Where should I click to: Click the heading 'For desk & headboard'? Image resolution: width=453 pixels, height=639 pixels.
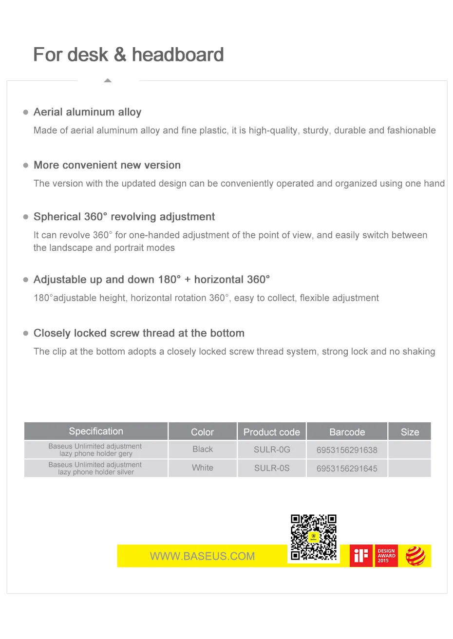(129, 55)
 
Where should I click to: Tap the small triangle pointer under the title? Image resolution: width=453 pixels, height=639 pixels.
(108, 80)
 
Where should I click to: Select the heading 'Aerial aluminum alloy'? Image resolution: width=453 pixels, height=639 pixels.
(87, 112)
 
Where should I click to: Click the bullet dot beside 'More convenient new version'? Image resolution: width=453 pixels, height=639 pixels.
(26, 165)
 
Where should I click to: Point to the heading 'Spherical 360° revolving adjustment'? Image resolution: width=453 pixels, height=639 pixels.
(124, 217)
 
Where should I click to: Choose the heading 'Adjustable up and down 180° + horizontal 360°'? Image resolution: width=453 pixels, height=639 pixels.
(151, 280)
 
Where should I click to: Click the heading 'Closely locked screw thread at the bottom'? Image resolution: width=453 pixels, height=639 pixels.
(139, 333)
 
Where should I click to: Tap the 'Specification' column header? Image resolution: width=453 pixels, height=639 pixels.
(96, 431)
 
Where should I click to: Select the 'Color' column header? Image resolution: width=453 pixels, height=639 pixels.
(202, 432)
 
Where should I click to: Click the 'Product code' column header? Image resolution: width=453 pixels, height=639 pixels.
(271, 432)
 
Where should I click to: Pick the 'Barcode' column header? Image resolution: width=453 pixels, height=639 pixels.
(347, 432)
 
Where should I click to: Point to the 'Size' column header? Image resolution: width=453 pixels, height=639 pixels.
(410, 432)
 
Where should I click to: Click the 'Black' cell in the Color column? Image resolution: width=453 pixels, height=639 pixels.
(202, 449)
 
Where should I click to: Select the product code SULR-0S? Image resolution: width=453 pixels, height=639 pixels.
(271, 468)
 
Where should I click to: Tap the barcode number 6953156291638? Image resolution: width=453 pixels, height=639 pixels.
(347, 450)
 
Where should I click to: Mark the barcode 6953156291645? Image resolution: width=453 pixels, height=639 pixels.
(347, 469)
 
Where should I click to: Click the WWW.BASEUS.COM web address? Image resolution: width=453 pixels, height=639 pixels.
(202, 556)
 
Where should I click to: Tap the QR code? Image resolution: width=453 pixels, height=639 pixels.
(314, 538)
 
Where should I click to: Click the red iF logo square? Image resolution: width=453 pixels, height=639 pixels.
(361, 556)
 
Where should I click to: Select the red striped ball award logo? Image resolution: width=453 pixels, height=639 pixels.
(415, 556)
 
